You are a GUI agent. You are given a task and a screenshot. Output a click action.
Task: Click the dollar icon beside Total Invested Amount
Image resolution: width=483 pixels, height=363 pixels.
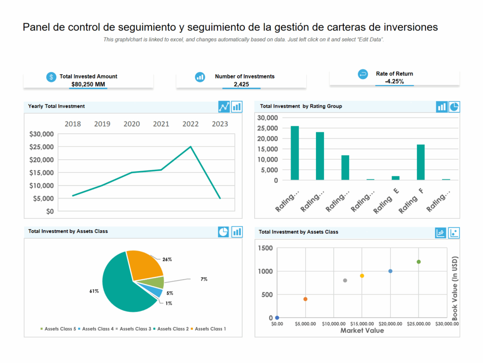point(51,77)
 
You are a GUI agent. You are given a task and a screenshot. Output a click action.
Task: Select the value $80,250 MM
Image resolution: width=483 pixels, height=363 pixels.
point(88,85)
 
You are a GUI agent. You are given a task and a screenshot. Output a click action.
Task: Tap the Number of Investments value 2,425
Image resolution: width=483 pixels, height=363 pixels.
point(241,85)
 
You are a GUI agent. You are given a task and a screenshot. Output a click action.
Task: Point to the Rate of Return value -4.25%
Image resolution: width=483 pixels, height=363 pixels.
point(394,81)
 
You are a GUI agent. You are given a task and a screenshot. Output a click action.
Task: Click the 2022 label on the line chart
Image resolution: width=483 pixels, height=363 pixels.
point(191,124)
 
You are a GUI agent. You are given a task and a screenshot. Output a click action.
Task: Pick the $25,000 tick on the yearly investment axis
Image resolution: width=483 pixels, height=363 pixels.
point(42,147)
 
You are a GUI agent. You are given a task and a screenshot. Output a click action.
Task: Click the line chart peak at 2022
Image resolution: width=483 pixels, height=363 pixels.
point(191,147)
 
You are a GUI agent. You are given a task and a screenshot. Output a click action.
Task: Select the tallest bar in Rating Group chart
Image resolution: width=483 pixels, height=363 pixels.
point(295,153)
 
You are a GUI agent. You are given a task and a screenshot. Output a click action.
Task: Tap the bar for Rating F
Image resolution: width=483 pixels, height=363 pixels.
point(421,162)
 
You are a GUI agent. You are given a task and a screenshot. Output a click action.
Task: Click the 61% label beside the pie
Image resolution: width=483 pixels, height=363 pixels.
point(94,291)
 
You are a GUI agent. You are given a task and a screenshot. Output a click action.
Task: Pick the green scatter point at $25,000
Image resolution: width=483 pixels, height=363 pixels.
point(418,262)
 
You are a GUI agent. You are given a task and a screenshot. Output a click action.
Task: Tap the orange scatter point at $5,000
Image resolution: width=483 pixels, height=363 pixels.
point(305,299)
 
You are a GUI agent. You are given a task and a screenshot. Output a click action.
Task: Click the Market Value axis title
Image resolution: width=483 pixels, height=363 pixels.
point(362,330)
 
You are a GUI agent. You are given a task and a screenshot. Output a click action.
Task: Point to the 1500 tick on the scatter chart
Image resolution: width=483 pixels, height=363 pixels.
point(265,248)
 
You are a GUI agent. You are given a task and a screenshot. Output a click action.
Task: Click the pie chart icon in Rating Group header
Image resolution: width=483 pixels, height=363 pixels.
point(454,107)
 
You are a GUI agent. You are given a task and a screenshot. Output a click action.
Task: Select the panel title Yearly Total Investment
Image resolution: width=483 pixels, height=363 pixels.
point(57,106)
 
